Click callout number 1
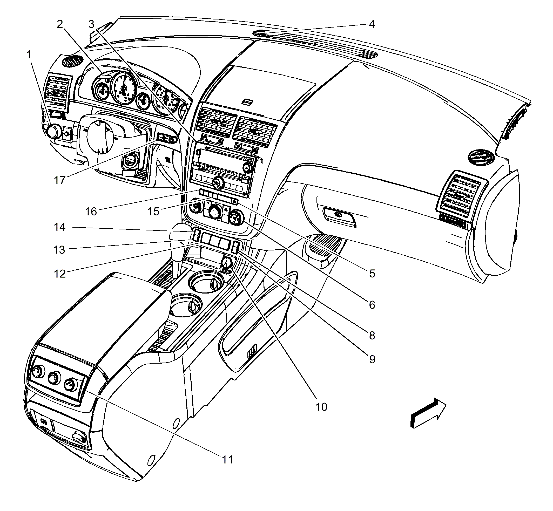pyautogui.click(x=29, y=55)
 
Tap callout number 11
pyautogui.click(x=227, y=459)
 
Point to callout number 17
pyautogui.click(x=59, y=180)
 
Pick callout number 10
pyautogui.click(x=321, y=407)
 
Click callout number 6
pyautogui.click(x=372, y=305)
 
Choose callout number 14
pyautogui.click(x=59, y=227)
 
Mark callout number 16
pyautogui.click(x=91, y=212)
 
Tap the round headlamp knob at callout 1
pyautogui.click(x=54, y=131)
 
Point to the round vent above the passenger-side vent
pyautogui.click(x=480, y=158)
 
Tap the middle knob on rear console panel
pyautogui.click(x=54, y=377)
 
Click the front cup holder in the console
pyautogui.click(x=205, y=282)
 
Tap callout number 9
pyautogui.click(x=372, y=359)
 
